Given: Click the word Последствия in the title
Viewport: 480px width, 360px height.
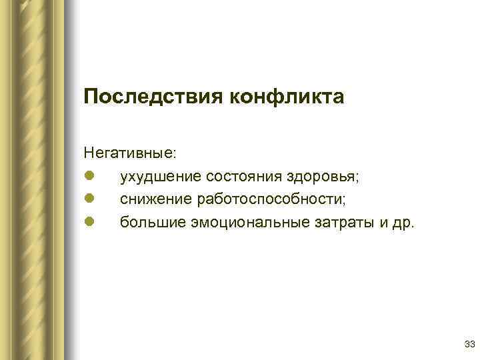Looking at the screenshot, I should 154,99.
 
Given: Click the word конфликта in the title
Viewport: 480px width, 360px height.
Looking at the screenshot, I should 287,99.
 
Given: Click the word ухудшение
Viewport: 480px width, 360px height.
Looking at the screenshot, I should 161,177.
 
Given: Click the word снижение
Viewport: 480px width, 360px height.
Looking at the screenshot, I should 155,199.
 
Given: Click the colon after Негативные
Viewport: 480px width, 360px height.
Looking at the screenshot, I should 175,155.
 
